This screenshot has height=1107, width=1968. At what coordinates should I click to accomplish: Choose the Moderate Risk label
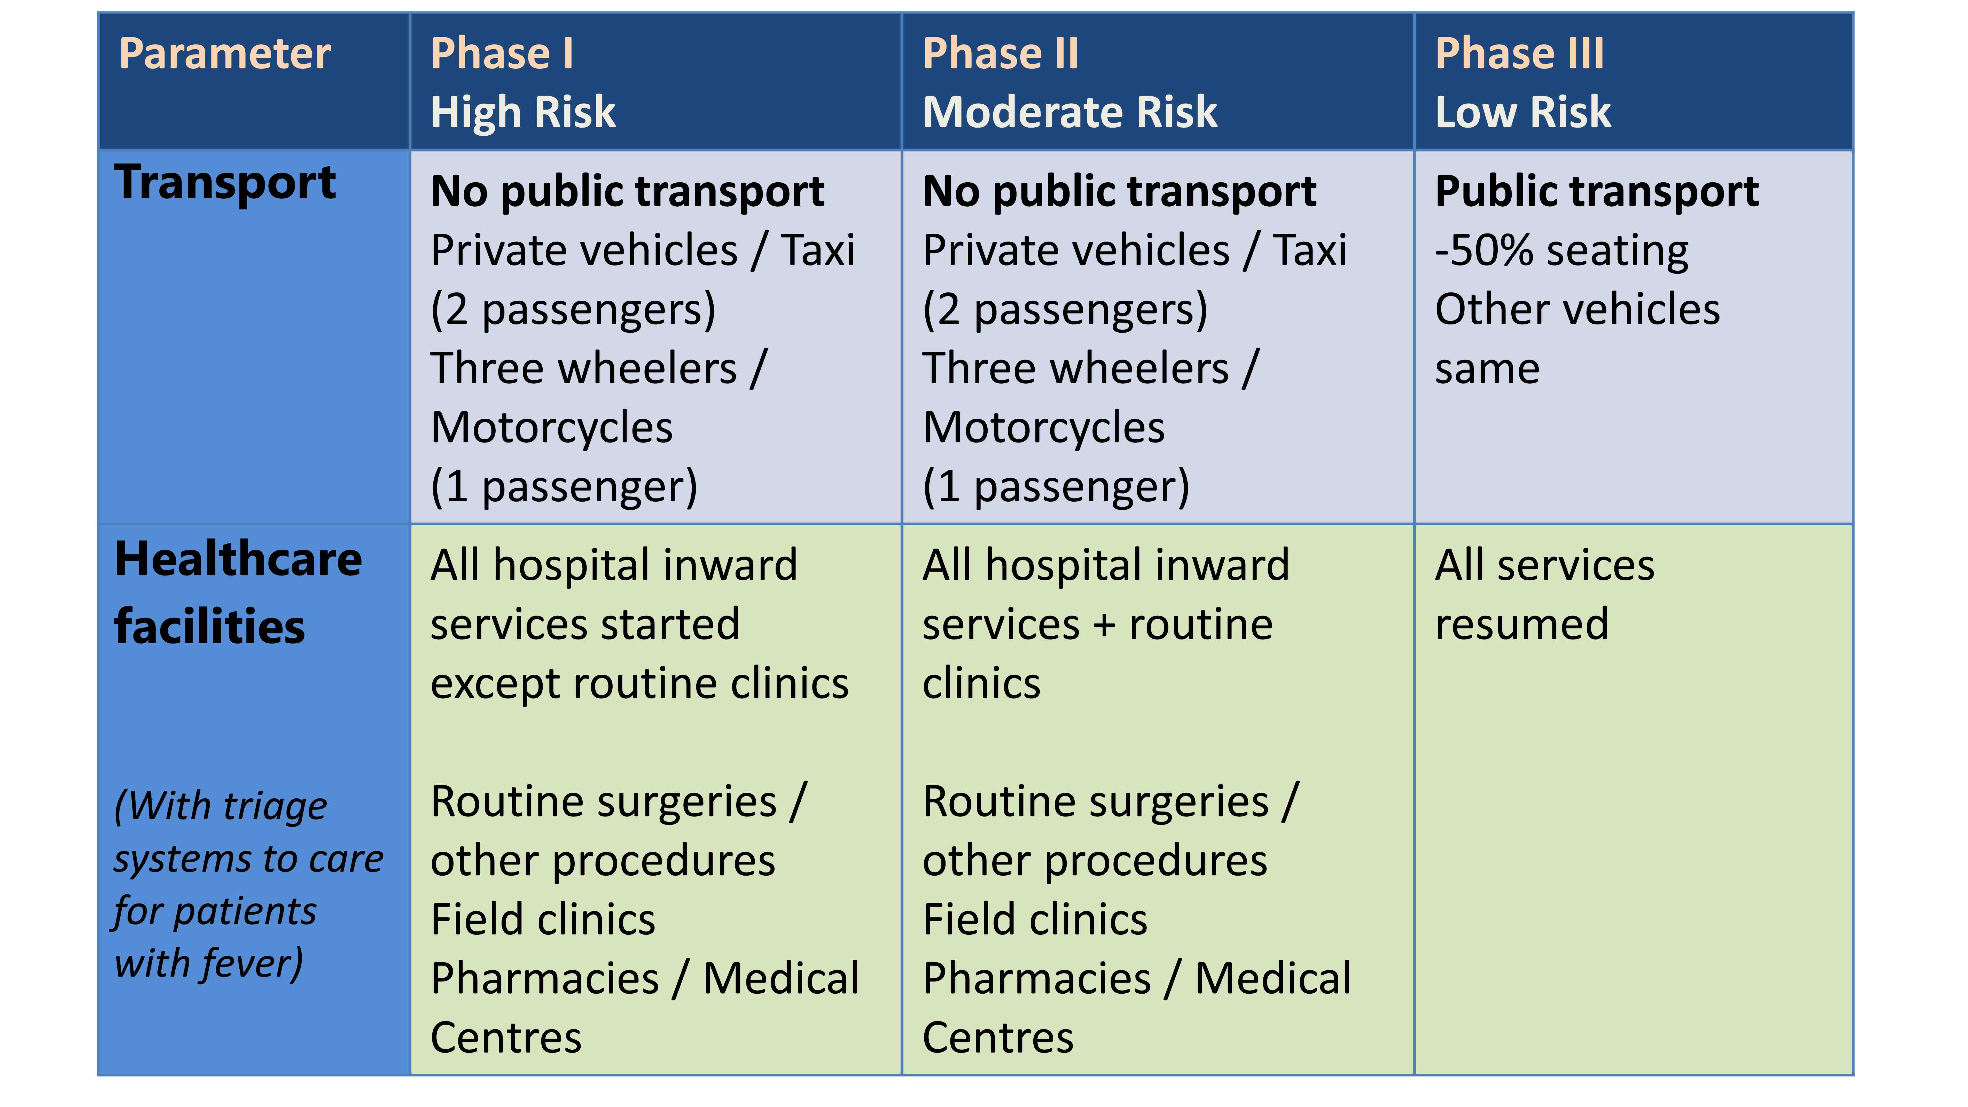1069,112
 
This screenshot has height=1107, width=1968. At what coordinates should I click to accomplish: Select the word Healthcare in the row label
238,559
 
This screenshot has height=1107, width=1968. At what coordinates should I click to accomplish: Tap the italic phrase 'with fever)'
209,964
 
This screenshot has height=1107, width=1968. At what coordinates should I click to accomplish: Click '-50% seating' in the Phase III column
1561,251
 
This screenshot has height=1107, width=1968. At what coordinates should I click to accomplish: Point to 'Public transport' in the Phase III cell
1597,192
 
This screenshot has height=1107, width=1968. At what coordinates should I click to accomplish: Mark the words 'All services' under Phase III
1545,565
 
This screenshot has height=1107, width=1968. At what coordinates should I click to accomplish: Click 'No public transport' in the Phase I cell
627,192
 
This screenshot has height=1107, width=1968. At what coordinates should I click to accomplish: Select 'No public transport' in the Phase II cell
1119,192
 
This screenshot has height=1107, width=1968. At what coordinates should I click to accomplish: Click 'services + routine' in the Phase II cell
1098,625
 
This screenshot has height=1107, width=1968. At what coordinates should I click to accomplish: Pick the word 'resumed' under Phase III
1522,625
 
